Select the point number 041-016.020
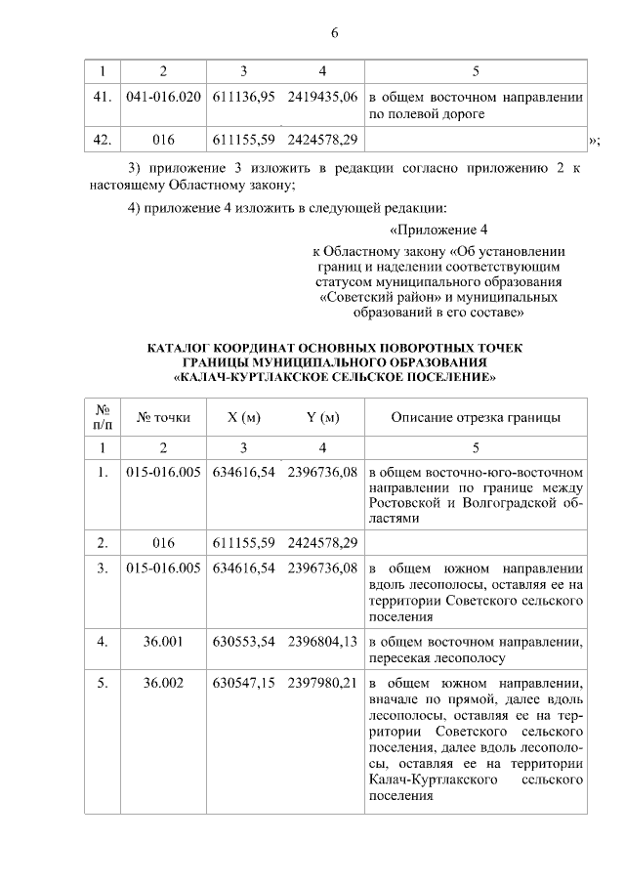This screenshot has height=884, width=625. tap(164, 98)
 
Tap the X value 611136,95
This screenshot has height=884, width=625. tap(243, 98)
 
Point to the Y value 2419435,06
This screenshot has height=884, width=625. tap(322, 98)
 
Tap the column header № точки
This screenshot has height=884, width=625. tap(163, 418)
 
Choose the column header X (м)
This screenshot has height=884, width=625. tap(243, 418)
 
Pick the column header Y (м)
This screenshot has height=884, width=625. tap(322, 418)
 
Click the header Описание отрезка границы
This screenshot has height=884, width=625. tap(475, 418)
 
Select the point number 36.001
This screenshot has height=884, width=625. tap(163, 642)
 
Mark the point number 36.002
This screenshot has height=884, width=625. tap(163, 684)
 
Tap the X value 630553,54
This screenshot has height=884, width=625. tap(243, 642)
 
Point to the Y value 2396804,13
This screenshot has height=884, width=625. tap(322, 642)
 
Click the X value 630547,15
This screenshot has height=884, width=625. tap(243, 684)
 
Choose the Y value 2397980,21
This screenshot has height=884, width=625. tap(322, 684)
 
